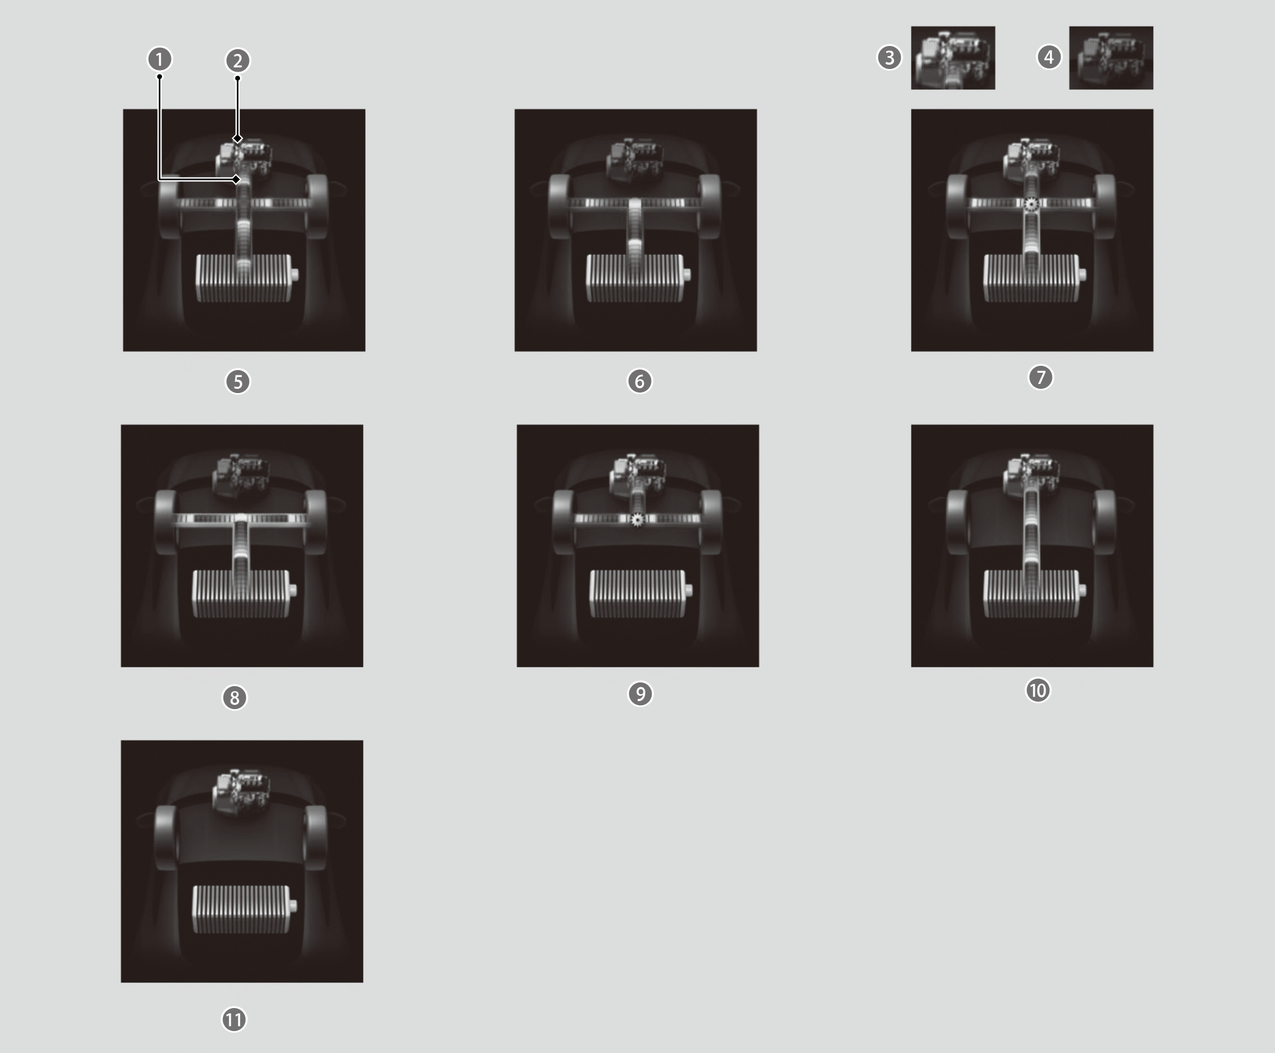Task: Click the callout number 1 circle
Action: (x=159, y=59)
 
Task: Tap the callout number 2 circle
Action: (x=238, y=60)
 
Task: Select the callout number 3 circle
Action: (x=890, y=58)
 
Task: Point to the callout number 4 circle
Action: (x=1049, y=58)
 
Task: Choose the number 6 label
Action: (x=639, y=381)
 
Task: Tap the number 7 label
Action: (x=1041, y=377)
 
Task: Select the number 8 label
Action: (x=235, y=697)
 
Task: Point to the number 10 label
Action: (x=1038, y=690)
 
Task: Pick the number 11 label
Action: (x=234, y=1020)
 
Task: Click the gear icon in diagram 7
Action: (x=1031, y=204)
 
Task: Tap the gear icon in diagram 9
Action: (x=637, y=519)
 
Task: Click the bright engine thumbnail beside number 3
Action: (x=953, y=58)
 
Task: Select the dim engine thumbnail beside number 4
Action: (x=1111, y=58)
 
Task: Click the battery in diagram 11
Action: (x=244, y=909)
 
